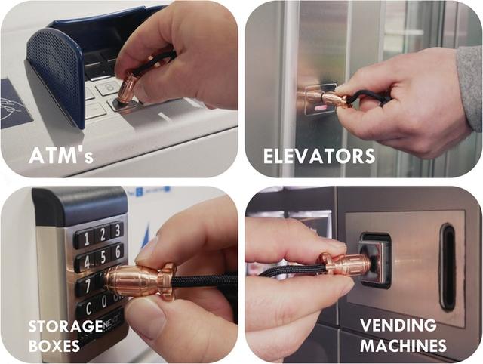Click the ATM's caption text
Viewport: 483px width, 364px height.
[60, 156]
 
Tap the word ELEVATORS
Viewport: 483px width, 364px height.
[319, 156]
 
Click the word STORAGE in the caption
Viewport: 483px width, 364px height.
[66, 326]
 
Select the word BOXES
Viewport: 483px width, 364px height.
[54, 346]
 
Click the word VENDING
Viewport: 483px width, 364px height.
[398, 325]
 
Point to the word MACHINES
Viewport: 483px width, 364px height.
[403, 345]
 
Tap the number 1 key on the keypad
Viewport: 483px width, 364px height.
[85, 239]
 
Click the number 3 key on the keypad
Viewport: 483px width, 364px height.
[116, 230]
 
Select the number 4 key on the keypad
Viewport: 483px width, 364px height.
[86, 262]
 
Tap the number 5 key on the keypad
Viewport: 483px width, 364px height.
[103, 257]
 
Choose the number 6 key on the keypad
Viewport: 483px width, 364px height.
[118, 251]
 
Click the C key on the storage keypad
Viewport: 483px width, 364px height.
[88, 308]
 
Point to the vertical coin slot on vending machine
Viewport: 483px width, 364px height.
[448, 267]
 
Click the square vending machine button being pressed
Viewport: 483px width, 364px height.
[375, 261]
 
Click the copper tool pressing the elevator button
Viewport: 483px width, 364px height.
[327, 97]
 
